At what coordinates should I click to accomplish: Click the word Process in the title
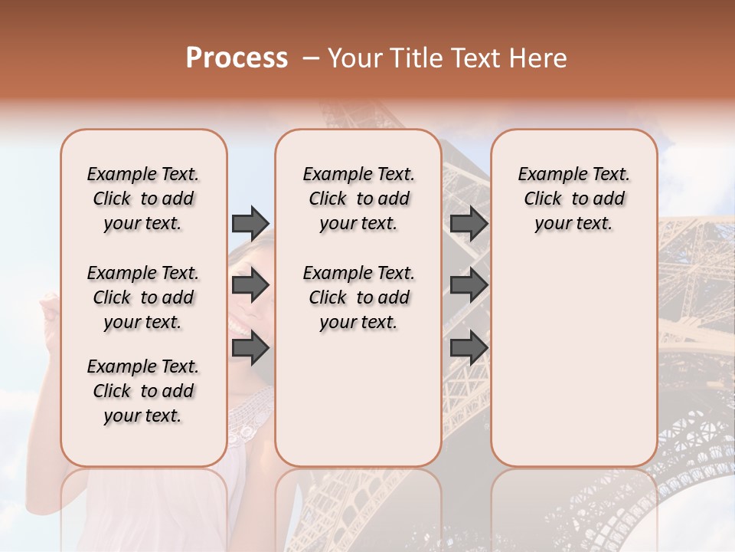pos(237,58)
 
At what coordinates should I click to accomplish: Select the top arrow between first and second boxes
pos(250,223)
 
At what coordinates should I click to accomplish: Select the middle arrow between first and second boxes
pos(250,286)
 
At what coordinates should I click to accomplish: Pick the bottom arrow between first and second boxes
pos(250,348)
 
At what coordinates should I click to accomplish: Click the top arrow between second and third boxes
pos(469,223)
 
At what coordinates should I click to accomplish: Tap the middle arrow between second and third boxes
pos(469,286)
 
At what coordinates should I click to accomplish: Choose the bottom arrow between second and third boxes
pos(469,348)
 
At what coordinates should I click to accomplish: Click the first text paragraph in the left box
pos(143,199)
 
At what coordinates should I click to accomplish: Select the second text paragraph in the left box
pos(143,297)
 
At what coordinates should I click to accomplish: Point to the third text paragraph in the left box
pos(143,391)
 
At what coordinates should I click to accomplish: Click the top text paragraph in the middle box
pos(358,199)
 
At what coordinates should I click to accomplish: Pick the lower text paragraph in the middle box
pos(358,297)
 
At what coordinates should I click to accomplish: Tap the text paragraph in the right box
pos(574,199)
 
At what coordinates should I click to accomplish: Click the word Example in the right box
pos(547,175)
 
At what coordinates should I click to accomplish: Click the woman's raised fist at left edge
pos(51,310)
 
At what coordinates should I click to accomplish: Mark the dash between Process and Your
pos(310,59)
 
